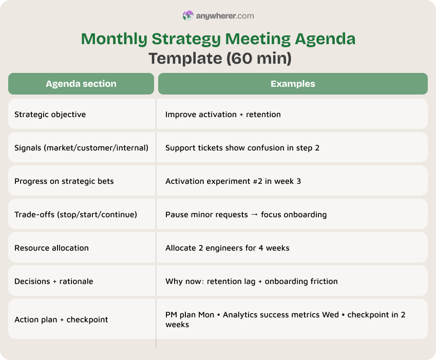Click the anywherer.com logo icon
(188, 16)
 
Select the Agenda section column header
(81, 84)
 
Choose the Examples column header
(293, 84)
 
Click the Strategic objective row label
(50, 114)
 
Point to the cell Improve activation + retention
(223, 114)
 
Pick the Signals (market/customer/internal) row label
(81, 147)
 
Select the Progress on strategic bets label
(64, 181)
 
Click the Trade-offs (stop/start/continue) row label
(75, 214)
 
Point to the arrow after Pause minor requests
(254, 214)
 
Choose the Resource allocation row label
(51, 248)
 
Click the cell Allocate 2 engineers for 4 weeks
(227, 248)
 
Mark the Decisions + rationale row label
(53, 281)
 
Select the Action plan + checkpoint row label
(61, 319)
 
